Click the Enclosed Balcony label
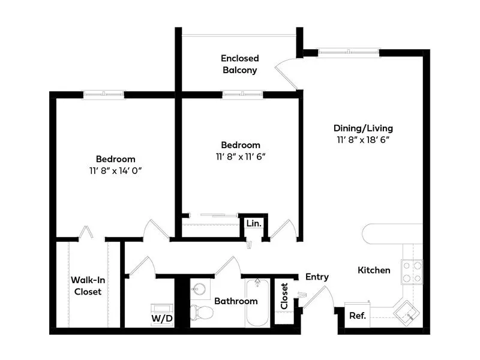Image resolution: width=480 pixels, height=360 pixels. [239, 64]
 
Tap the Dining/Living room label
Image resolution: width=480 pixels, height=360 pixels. [363, 128]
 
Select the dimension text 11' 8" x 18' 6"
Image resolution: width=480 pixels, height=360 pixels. [363, 140]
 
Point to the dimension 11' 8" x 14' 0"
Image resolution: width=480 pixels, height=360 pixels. [115, 170]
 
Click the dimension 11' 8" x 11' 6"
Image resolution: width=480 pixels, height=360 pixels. [241, 157]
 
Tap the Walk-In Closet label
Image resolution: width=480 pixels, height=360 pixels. [88, 286]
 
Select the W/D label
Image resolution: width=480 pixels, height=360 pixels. [162, 319]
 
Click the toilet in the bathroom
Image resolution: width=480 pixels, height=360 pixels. [202, 312]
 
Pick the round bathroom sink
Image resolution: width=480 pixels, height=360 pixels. [200, 289]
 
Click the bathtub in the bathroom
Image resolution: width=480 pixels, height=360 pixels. [257, 303]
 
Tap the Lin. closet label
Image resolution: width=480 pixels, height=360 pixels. [254, 223]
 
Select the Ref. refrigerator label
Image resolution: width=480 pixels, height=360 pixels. [358, 316]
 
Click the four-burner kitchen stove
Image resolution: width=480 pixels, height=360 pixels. [412, 271]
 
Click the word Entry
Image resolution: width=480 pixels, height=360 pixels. [317, 277]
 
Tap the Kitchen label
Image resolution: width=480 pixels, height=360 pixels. [374, 270]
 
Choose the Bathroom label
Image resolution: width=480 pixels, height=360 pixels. [236, 301]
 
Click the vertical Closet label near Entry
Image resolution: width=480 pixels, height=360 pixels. [284, 296]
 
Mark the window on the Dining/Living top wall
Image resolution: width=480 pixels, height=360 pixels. [349, 52]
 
